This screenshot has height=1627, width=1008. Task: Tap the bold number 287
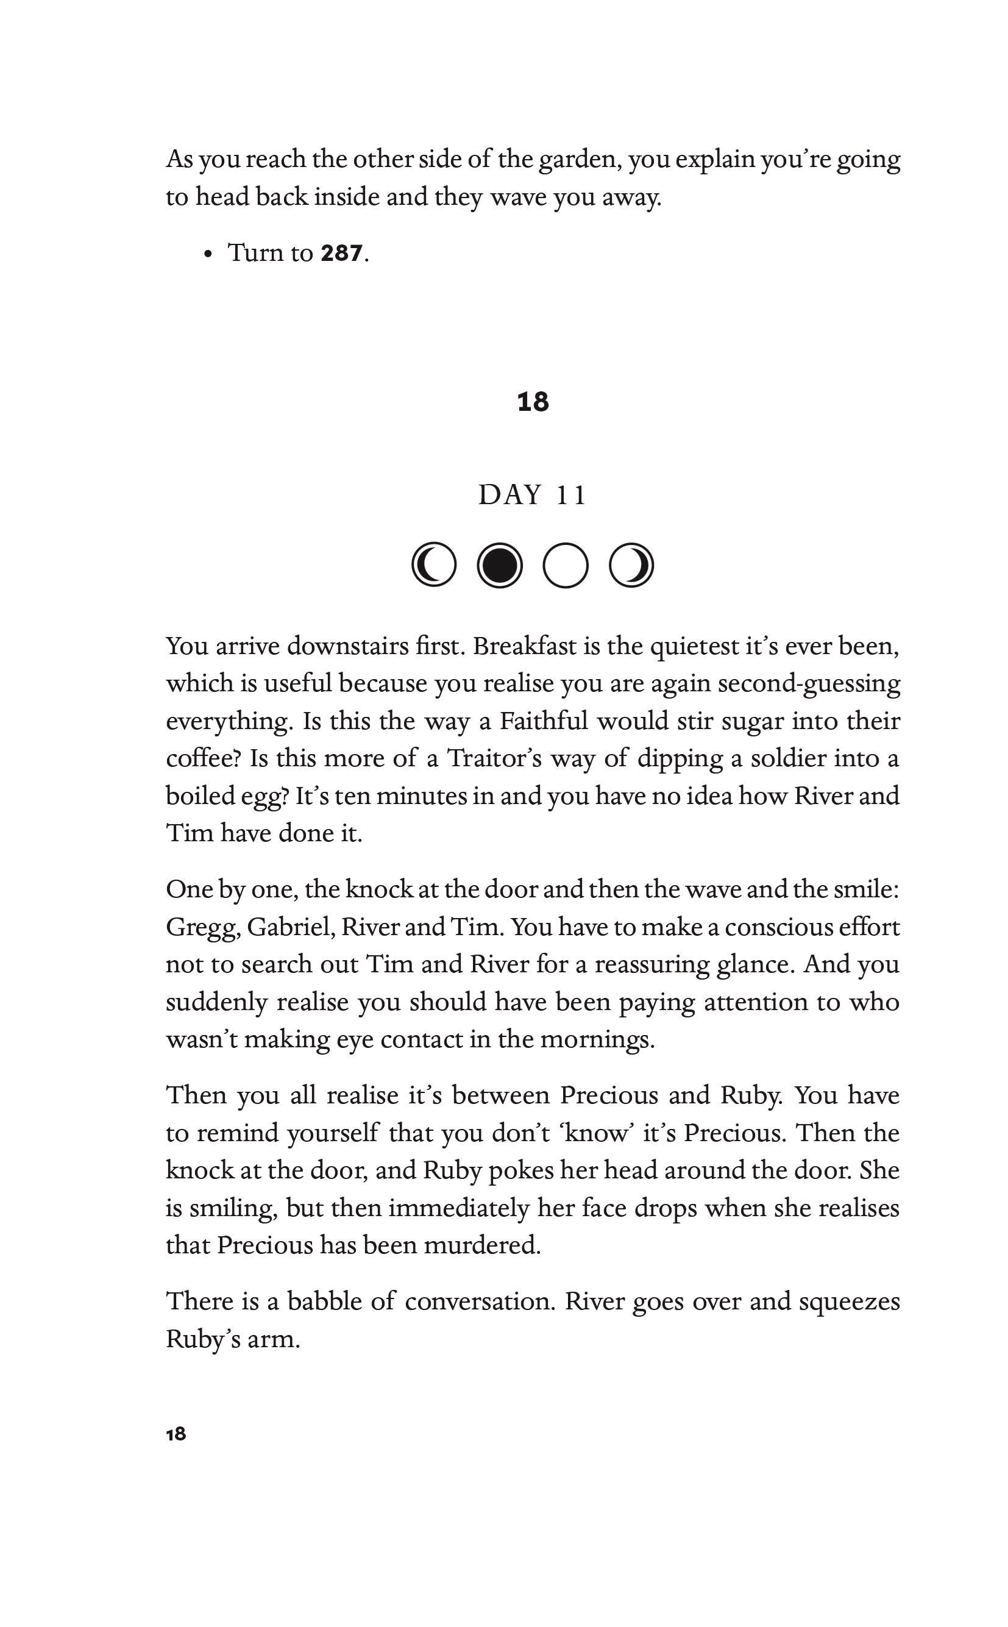click(341, 254)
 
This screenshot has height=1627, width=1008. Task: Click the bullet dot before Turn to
click(209, 254)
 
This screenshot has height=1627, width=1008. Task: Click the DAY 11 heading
click(533, 495)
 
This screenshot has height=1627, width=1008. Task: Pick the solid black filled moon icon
click(499, 566)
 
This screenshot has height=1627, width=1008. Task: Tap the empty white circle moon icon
click(566, 566)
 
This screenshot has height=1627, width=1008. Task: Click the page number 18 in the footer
click(176, 1434)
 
